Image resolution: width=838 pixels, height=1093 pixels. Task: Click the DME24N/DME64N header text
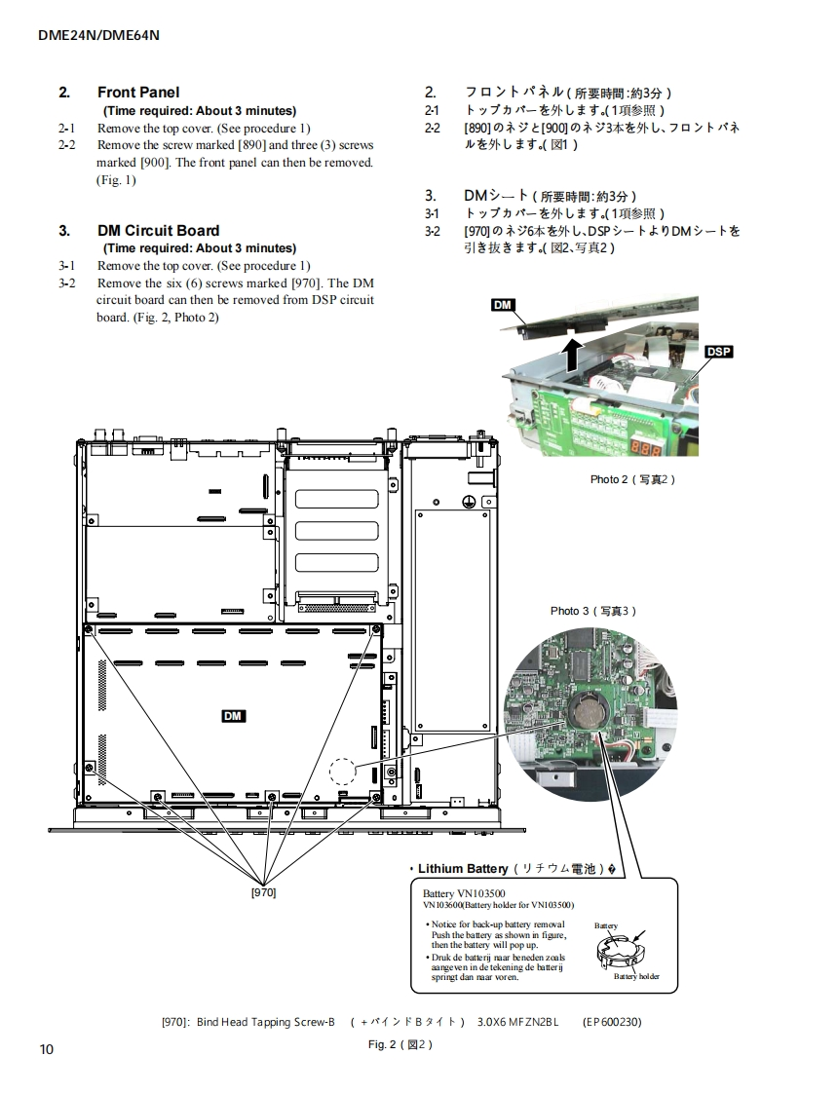tap(98, 35)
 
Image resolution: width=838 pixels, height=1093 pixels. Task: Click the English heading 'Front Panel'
tap(138, 93)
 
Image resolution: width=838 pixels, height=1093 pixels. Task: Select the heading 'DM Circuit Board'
tap(158, 231)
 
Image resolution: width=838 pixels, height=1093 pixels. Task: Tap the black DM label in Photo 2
tap(503, 306)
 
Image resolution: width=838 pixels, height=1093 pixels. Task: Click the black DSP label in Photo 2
tap(718, 352)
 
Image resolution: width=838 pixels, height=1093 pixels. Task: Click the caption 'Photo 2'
tap(631, 479)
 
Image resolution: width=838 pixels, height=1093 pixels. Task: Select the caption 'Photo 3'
tap(592, 611)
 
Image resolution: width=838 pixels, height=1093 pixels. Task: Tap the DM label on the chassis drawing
tap(233, 716)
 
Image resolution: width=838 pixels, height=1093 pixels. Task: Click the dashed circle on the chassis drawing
tap(343, 771)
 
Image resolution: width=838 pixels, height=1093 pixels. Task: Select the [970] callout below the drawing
tap(264, 891)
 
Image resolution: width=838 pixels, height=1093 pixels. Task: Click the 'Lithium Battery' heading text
tap(463, 868)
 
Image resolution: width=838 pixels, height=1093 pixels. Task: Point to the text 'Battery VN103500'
tap(464, 893)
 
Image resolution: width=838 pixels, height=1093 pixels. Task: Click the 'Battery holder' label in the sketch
tap(636, 976)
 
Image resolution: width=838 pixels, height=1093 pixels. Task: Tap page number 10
tap(47, 1048)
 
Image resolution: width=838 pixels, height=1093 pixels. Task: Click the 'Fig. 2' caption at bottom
tap(400, 1044)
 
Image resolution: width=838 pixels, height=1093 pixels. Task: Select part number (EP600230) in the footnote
tap(612, 1022)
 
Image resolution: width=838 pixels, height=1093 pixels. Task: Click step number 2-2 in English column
tap(67, 145)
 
